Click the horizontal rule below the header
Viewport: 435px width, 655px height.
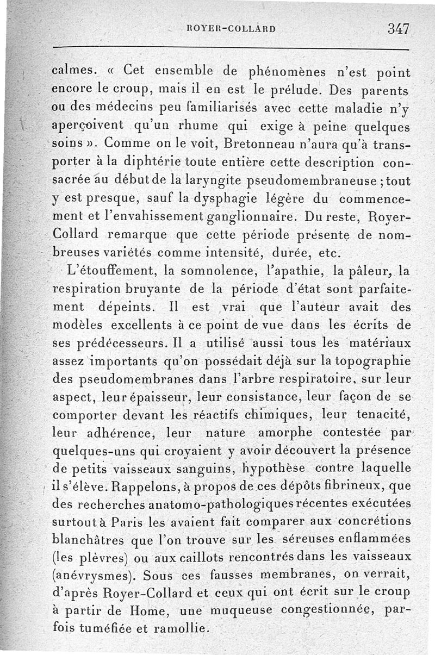click(230, 50)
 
